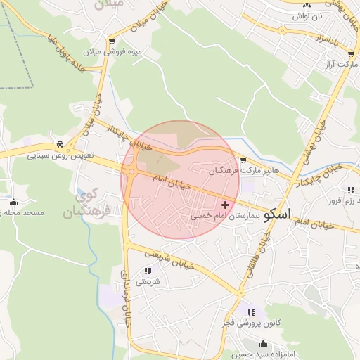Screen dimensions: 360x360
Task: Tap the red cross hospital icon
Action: (x=225, y=204)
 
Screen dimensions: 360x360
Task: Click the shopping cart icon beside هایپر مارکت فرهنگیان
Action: (x=243, y=160)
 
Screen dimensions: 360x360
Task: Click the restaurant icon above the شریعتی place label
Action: (x=148, y=271)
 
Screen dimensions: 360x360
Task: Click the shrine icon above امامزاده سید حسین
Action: (x=264, y=344)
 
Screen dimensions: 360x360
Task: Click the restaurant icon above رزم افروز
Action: (x=350, y=190)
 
